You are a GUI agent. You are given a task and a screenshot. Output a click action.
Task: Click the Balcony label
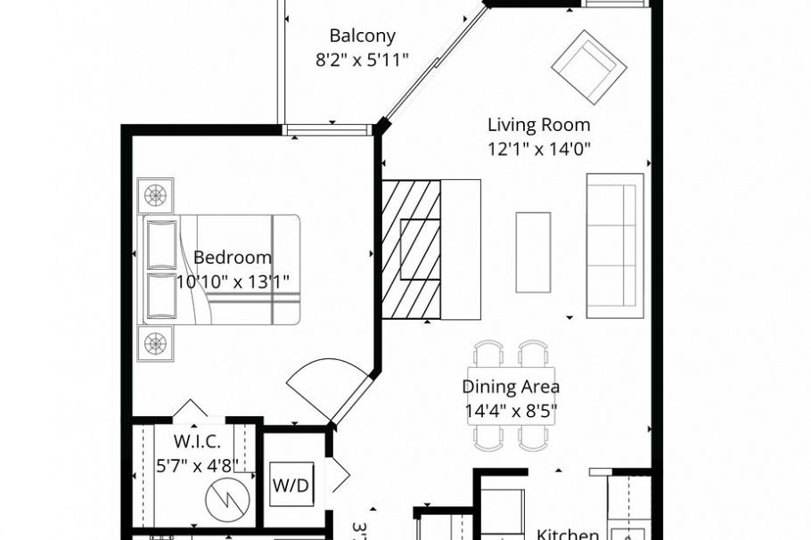click(362, 37)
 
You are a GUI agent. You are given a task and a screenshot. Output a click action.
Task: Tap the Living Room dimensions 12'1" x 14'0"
click(539, 149)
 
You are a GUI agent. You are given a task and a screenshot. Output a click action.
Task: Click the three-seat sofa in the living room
click(614, 245)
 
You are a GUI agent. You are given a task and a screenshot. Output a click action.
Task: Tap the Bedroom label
click(233, 258)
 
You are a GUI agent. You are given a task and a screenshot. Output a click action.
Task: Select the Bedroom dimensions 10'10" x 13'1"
click(233, 282)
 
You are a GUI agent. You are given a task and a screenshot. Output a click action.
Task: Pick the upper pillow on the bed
click(161, 243)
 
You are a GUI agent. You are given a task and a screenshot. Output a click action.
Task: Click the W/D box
click(291, 486)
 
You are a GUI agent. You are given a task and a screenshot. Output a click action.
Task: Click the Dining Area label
click(511, 387)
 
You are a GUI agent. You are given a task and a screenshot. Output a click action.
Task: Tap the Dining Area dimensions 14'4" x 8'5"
click(511, 412)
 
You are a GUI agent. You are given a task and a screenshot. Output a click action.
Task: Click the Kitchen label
click(568, 534)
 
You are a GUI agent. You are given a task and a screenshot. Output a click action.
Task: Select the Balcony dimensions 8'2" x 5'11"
click(362, 60)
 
